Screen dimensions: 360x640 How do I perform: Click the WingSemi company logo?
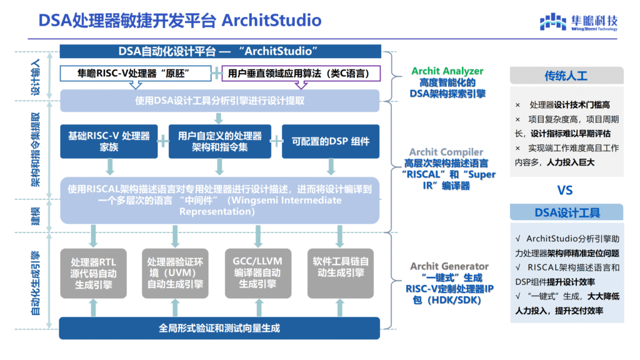pos(579,22)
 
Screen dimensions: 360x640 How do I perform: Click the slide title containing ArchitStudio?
pos(180,21)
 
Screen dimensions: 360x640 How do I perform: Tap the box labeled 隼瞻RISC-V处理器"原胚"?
pos(135,73)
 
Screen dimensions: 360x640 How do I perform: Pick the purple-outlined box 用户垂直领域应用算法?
pos(301,73)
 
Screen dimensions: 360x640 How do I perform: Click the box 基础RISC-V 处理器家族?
pos(109,141)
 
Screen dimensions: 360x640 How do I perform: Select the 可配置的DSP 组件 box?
pos(331,141)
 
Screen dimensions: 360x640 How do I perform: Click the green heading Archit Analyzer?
pos(447,71)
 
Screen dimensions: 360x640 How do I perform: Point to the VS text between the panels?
pos(565,189)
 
